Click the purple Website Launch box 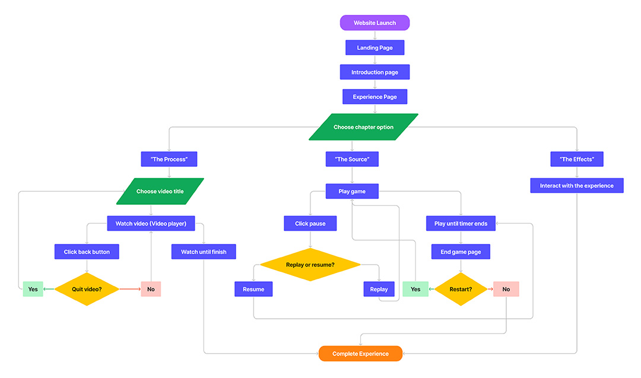[x=375, y=23]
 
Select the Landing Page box [x=375, y=47]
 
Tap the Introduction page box [x=375, y=72]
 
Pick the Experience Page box [x=375, y=97]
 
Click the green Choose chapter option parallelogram [x=363, y=127]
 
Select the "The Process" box [x=169, y=159]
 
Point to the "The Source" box [x=352, y=159]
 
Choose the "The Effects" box [x=577, y=159]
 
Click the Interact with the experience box [x=577, y=186]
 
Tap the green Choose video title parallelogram [x=160, y=191]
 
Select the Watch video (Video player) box [x=151, y=223]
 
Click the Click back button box [x=87, y=252]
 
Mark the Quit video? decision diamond [x=87, y=289]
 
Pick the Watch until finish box [x=204, y=252]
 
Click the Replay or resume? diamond [x=310, y=264]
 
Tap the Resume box [x=253, y=289]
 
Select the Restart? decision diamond [x=461, y=289]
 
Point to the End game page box [x=461, y=252]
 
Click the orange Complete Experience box [x=360, y=354]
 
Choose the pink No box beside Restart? [x=506, y=289]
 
